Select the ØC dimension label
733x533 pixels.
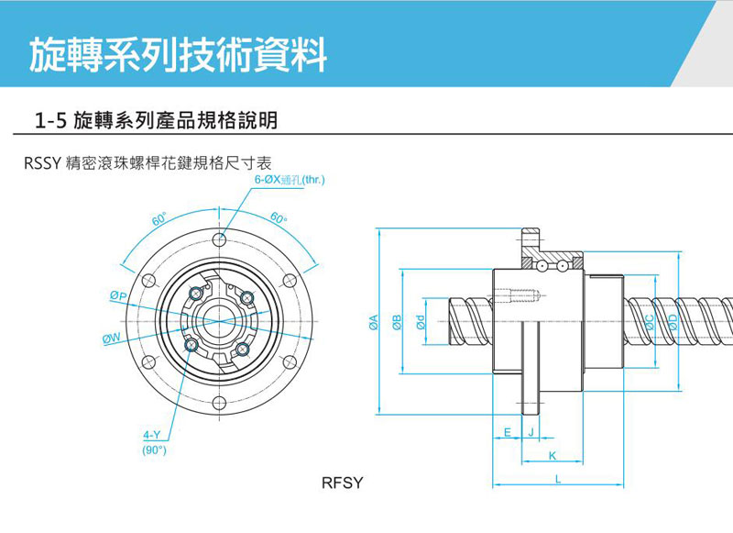649,321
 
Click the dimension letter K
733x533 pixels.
552,456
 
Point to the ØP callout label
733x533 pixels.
117,296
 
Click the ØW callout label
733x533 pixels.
113,339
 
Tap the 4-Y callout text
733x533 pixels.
152,434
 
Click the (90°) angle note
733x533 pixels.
153,450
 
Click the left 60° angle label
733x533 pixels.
160,220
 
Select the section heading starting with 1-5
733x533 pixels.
156,120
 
